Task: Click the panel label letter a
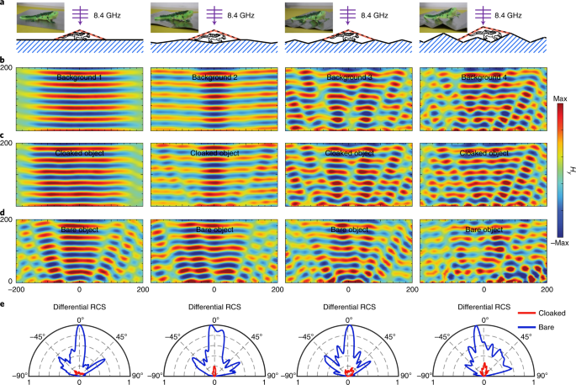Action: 4,5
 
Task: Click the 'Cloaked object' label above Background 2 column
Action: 214,153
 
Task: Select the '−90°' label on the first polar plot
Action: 18,374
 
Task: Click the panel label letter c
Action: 4,137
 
